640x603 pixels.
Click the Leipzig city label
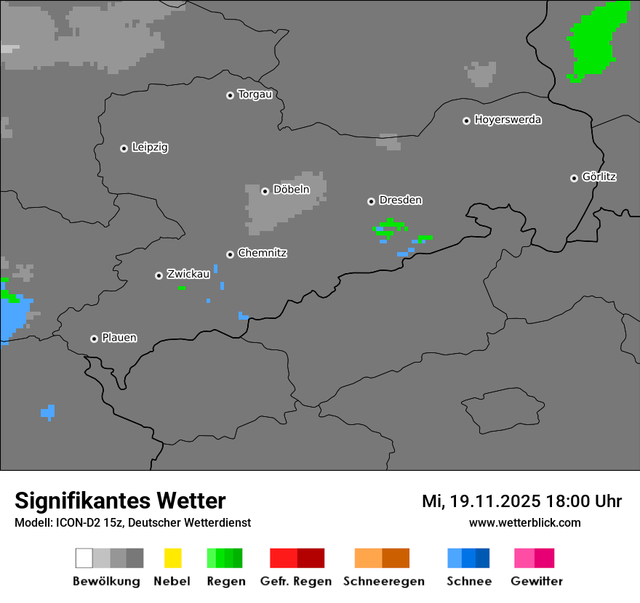point(150,147)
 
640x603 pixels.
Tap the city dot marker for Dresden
point(371,201)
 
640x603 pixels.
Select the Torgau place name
point(255,94)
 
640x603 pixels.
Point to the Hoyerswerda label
point(508,120)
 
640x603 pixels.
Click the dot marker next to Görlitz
point(574,178)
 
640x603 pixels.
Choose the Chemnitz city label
point(262,254)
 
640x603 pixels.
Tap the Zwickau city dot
point(159,275)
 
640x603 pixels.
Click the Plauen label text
point(119,338)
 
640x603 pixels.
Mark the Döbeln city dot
point(265,191)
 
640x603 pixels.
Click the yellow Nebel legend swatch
point(172,558)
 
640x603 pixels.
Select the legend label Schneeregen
point(383,581)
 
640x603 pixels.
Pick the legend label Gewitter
point(536,581)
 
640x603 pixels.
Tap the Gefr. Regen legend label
point(295,581)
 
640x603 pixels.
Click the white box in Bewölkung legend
point(84,558)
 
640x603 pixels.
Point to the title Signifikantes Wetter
point(120,501)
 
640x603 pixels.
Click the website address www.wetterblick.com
point(524,522)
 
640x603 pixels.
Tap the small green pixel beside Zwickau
point(182,288)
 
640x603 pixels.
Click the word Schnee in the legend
point(469,581)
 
